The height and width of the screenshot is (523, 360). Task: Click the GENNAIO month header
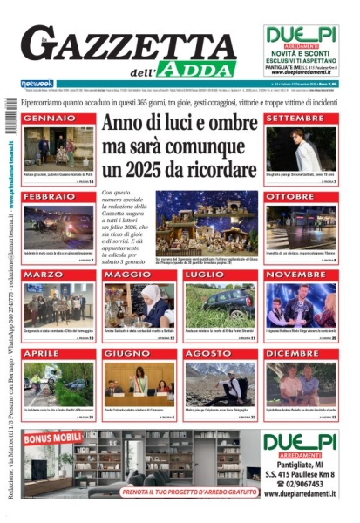point(49,118)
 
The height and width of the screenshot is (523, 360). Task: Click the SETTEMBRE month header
point(295,118)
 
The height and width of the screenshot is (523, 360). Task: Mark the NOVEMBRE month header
point(295,275)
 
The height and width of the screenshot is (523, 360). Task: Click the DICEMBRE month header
point(293,353)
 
